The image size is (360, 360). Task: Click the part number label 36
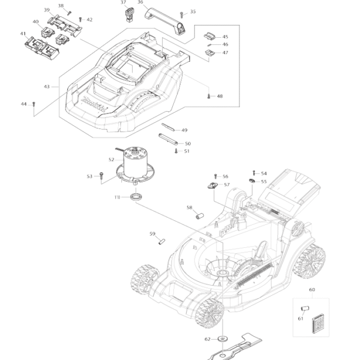point(140,2)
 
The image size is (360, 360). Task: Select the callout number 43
point(47,87)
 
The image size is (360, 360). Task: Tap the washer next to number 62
point(224,340)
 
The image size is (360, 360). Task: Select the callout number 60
point(311,290)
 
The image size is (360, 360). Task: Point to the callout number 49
point(184,130)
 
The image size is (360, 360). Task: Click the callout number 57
point(227,185)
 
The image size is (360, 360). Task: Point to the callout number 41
point(23,34)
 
